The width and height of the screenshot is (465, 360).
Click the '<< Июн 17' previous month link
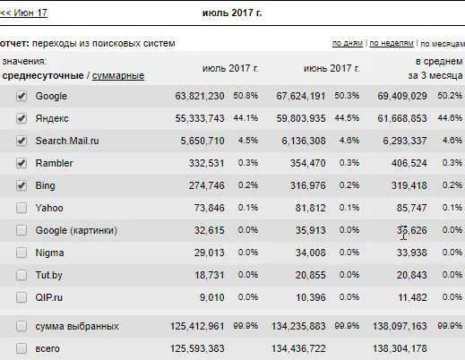(x=23, y=14)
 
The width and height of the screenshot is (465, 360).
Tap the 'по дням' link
(x=347, y=43)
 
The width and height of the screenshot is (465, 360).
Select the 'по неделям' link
(x=391, y=43)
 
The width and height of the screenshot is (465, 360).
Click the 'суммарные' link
(x=118, y=75)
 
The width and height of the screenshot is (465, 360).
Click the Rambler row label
(x=54, y=163)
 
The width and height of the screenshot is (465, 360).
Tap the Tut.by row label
(x=50, y=275)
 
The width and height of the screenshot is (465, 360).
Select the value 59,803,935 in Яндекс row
(x=301, y=118)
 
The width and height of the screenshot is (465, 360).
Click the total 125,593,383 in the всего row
(x=196, y=348)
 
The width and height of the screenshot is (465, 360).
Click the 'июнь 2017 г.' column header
(x=332, y=68)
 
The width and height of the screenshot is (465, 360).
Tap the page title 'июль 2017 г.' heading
(x=233, y=14)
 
